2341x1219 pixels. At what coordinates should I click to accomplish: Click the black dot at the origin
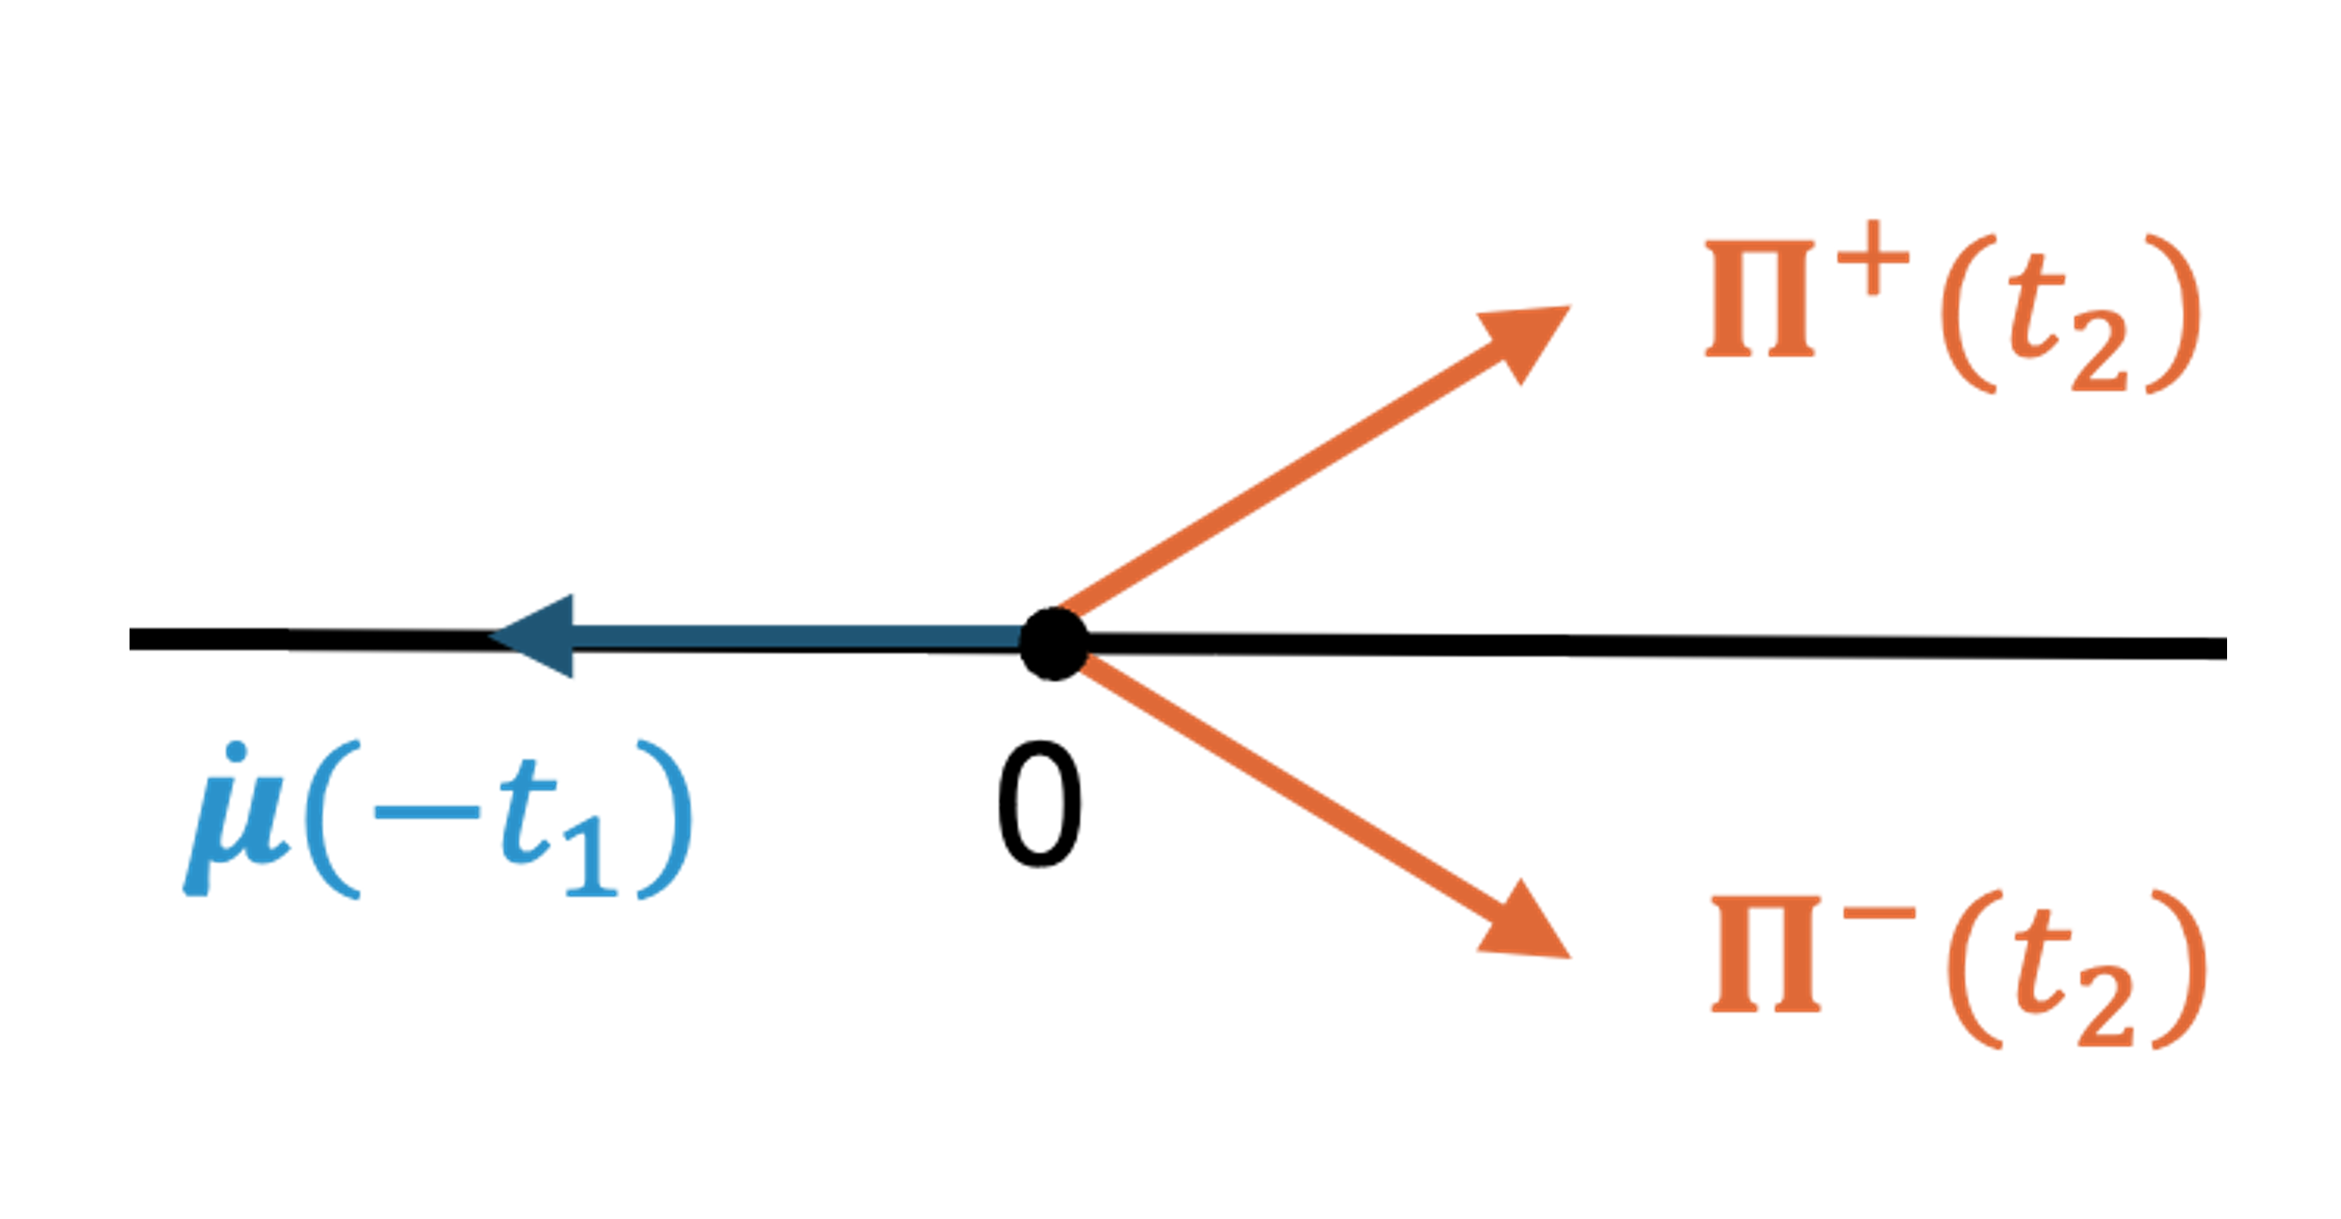pos(1054,644)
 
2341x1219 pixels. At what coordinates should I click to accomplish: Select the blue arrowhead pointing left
pos(531,636)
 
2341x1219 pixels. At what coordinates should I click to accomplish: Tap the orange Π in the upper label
pos(1760,298)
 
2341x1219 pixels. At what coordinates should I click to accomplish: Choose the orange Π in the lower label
pos(1766,954)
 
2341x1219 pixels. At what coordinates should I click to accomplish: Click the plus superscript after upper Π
pos(1872,261)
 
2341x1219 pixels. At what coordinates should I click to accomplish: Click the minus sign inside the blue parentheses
pos(427,811)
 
